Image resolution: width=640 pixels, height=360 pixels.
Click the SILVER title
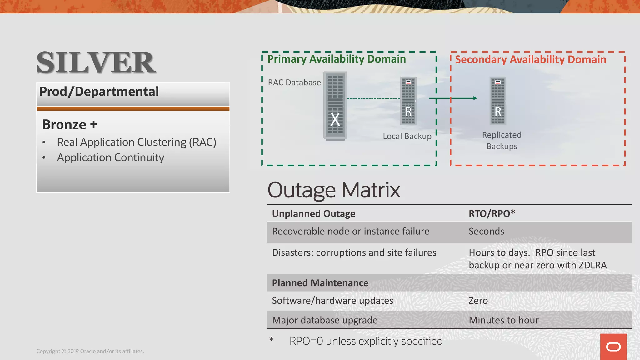pyautogui.click(x=96, y=63)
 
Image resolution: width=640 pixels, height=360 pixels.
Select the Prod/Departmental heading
pyautogui.click(x=99, y=92)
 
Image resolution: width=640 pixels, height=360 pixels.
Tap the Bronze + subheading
pyautogui.click(x=69, y=125)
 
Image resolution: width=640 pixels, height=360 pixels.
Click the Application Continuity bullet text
pyautogui.click(x=110, y=157)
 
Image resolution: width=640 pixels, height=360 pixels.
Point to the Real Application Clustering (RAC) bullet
pyautogui.click(x=136, y=142)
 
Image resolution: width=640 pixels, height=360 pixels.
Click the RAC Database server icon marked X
pyautogui.click(x=335, y=106)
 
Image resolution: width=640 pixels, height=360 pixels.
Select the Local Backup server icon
pyautogui.click(x=408, y=101)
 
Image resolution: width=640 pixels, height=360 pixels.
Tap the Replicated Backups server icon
pyautogui.click(x=498, y=101)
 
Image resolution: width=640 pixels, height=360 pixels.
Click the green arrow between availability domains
pyautogui.click(x=453, y=98)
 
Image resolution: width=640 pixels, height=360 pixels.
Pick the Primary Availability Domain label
pyautogui.click(x=337, y=59)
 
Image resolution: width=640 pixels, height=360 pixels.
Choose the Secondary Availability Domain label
pyautogui.click(x=530, y=59)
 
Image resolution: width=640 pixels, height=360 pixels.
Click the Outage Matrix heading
pyautogui.click(x=334, y=190)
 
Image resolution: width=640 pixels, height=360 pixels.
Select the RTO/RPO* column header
pyautogui.click(x=492, y=214)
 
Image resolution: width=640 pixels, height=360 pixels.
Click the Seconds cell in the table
pyautogui.click(x=486, y=232)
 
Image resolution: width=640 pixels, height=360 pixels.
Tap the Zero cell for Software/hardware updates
pyautogui.click(x=478, y=301)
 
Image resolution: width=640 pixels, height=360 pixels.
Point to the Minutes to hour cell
pyautogui.click(x=504, y=320)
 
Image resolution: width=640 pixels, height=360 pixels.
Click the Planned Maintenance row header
pyautogui.click(x=320, y=283)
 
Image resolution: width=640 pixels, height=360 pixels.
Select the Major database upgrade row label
pyautogui.click(x=325, y=320)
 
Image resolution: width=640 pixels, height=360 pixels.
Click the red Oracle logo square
pyautogui.click(x=613, y=347)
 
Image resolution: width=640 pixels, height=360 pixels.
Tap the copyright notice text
pyautogui.click(x=90, y=351)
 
